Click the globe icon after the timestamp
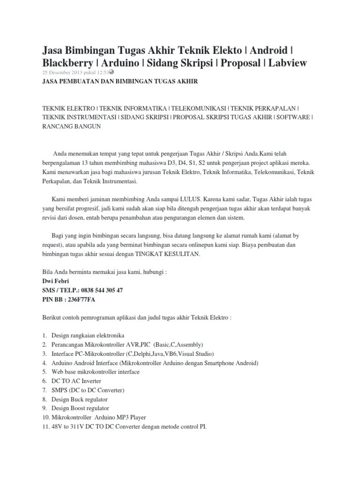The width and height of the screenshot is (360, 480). pos(112,72)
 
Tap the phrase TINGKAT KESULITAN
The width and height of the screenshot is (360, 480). pos(168,255)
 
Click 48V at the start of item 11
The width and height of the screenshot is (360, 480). pos(58,427)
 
